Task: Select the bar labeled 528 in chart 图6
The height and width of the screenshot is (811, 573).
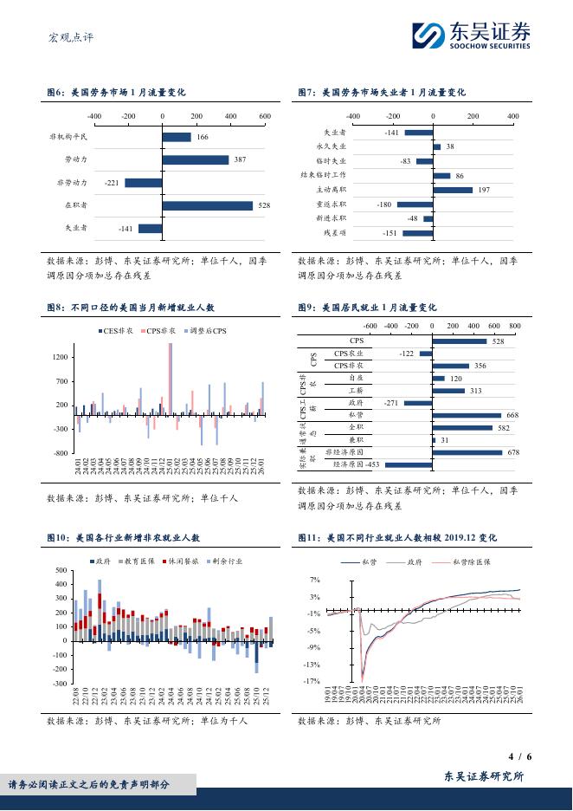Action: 208,205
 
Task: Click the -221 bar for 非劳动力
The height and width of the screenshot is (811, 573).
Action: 144,183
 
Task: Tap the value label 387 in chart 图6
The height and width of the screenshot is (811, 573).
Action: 240,160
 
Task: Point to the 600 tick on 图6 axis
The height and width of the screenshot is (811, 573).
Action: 265,115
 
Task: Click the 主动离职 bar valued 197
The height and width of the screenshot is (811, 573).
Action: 453,190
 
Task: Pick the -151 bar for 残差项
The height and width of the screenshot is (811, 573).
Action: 417,233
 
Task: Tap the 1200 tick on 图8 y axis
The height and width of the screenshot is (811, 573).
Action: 61,357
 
